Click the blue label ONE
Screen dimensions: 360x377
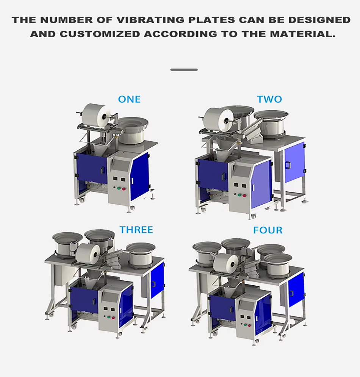129,99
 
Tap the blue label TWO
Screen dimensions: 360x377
269,99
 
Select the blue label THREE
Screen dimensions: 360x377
136,230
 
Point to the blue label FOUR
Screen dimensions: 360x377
268,230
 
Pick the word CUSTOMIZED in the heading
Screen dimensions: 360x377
100,34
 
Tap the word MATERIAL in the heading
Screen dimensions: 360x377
302,34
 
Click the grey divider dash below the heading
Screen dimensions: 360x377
184,70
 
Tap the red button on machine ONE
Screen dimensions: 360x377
124,189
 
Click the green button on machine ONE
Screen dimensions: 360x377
119,188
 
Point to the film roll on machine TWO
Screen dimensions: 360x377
218,120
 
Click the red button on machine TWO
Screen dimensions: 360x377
244,196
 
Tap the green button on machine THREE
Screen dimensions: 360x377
109,318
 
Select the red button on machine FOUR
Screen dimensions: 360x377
249,325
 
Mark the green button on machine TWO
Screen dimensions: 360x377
239,195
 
